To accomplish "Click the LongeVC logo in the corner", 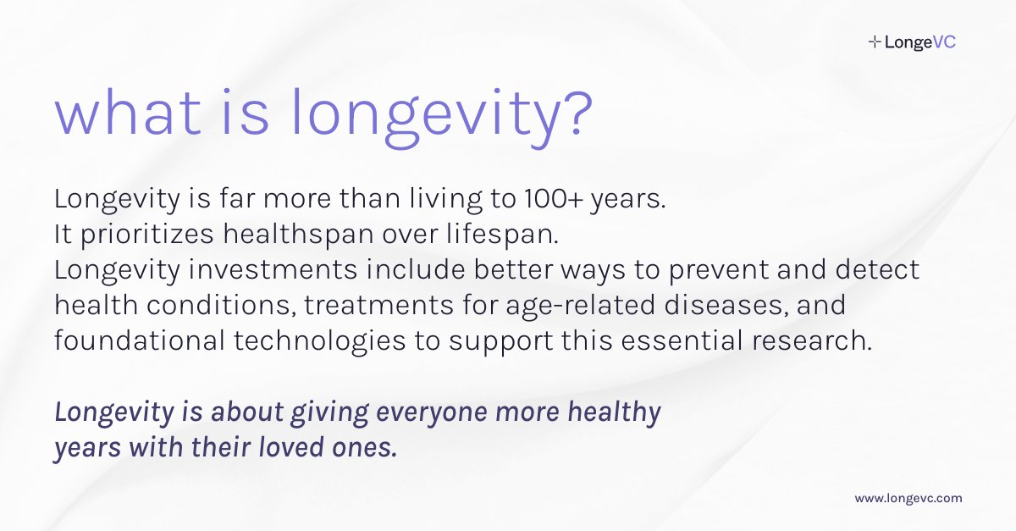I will tap(912, 41).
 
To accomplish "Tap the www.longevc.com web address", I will tap(908, 499).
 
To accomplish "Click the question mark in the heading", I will tap(568, 116).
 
